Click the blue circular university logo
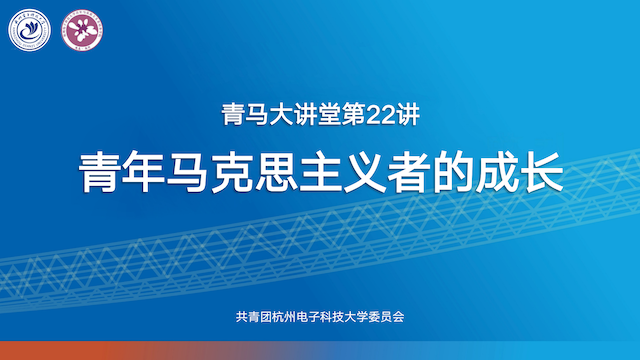coord(30,31)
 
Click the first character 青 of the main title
coord(99,172)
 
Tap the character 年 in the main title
coord(147,172)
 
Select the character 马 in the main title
coord(196,172)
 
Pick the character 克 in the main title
coord(246,172)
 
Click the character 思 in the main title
coord(294,172)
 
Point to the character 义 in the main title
coord(392,172)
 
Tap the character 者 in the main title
coord(441,172)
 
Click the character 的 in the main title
coord(489,172)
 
